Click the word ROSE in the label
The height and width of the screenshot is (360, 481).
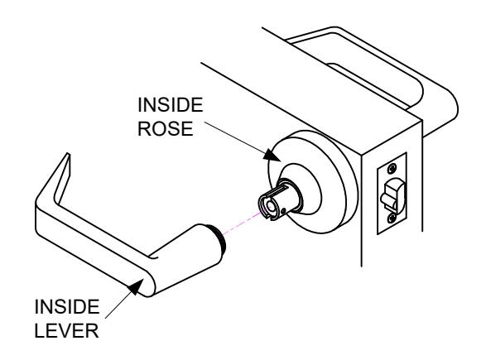pos(165,129)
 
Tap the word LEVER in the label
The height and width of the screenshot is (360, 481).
pos(66,330)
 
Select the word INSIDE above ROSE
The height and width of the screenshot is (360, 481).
pos(171,105)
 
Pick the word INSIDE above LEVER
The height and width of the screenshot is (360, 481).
pos(67,307)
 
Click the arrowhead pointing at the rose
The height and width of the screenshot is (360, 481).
pos(272,155)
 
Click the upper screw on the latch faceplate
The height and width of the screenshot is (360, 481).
pos(392,168)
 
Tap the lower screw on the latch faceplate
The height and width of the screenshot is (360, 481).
pos(392,218)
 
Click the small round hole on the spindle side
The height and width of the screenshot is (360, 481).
pos(284,210)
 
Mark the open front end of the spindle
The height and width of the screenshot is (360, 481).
pos(267,206)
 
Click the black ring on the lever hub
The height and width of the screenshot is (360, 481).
pos(219,239)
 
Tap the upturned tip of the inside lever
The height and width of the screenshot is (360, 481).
pos(67,157)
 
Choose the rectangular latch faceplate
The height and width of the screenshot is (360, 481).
pos(392,193)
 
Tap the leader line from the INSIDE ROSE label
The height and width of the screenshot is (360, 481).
pos(234,137)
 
